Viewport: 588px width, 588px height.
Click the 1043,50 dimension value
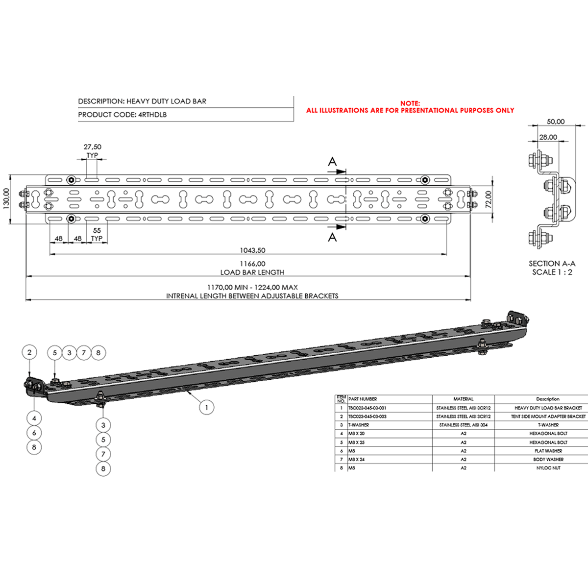click(252, 250)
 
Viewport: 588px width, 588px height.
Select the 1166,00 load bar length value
click(252, 264)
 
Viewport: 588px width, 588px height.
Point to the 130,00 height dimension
click(6, 199)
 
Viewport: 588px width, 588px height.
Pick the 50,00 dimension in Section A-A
click(556, 122)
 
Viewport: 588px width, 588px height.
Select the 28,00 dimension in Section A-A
click(548, 137)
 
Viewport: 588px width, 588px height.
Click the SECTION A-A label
click(552, 264)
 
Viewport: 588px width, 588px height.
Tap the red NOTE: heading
click(410, 103)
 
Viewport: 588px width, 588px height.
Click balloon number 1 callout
click(207, 407)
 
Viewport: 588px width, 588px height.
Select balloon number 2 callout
click(29, 352)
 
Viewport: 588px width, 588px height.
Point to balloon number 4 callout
click(34, 418)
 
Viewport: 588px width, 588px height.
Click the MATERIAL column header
click(463, 399)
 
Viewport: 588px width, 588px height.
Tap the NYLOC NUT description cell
click(548, 468)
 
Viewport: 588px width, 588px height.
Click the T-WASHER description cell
click(548, 425)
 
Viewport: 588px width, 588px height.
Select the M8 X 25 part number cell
click(356, 442)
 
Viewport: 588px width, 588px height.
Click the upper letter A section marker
click(332, 162)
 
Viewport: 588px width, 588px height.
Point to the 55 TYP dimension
click(97, 234)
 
